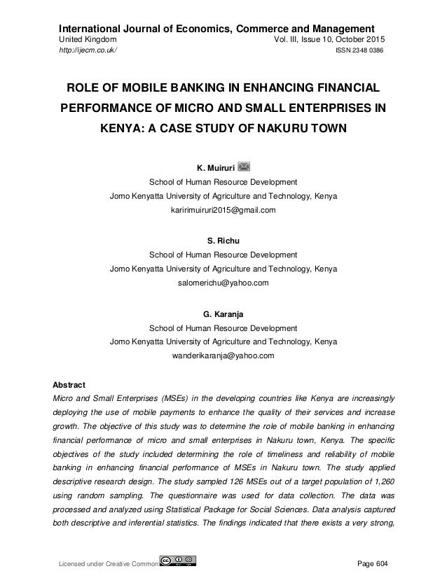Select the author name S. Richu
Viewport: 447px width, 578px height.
coord(223,239)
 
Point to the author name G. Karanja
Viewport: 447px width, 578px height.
coord(223,311)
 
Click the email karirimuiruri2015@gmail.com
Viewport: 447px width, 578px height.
coord(223,210)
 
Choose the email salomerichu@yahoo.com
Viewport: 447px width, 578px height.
coord(223,283)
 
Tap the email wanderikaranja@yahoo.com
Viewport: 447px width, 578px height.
coord(223,355)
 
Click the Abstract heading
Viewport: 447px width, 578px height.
coord(70,385)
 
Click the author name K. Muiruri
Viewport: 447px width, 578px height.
coord(214,167)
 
